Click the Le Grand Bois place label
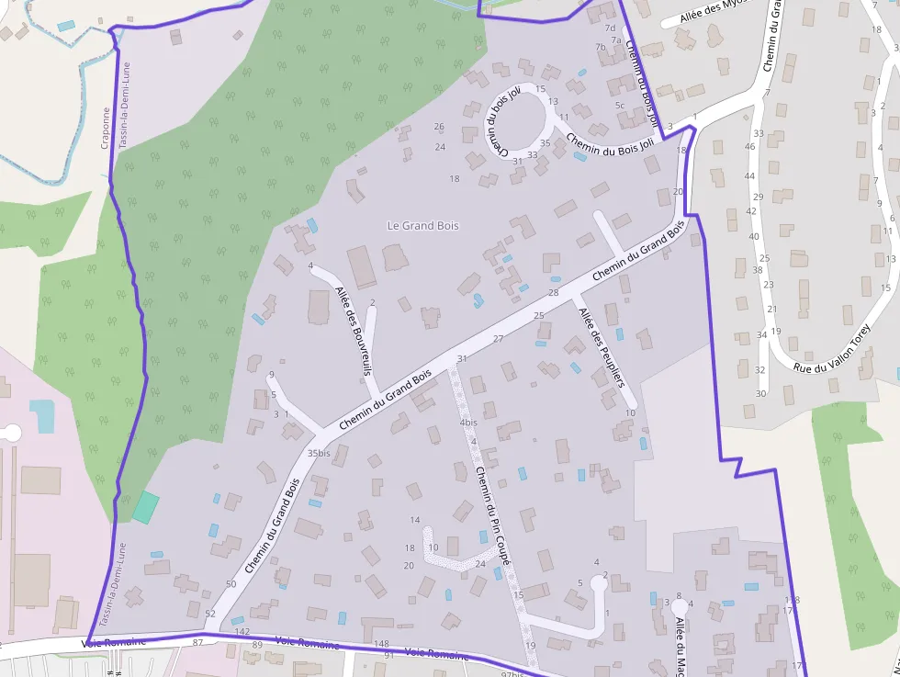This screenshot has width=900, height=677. tap(422, 225)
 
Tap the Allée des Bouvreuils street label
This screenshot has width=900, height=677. tap(354, 332)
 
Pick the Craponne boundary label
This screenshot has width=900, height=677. tap(105, 128)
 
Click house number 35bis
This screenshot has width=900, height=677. tap(319, 453)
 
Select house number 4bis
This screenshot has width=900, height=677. tap(468, 423)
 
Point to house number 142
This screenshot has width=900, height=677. tap(242, 632)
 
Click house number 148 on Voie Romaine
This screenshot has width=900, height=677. tap(382, 643)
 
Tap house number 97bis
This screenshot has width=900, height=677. tap(512, 673)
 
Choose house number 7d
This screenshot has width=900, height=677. tap(611, 28)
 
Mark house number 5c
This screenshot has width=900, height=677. tap(620, 105)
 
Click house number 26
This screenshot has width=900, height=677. tap(439, 127)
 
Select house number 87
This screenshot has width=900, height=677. tap(197, 643)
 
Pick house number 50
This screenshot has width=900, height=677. tap(231, 584)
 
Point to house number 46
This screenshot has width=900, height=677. tap(749, 146)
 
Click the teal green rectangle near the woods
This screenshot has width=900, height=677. tap(145, 507)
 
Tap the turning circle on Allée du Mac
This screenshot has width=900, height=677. tap(680, 606)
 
